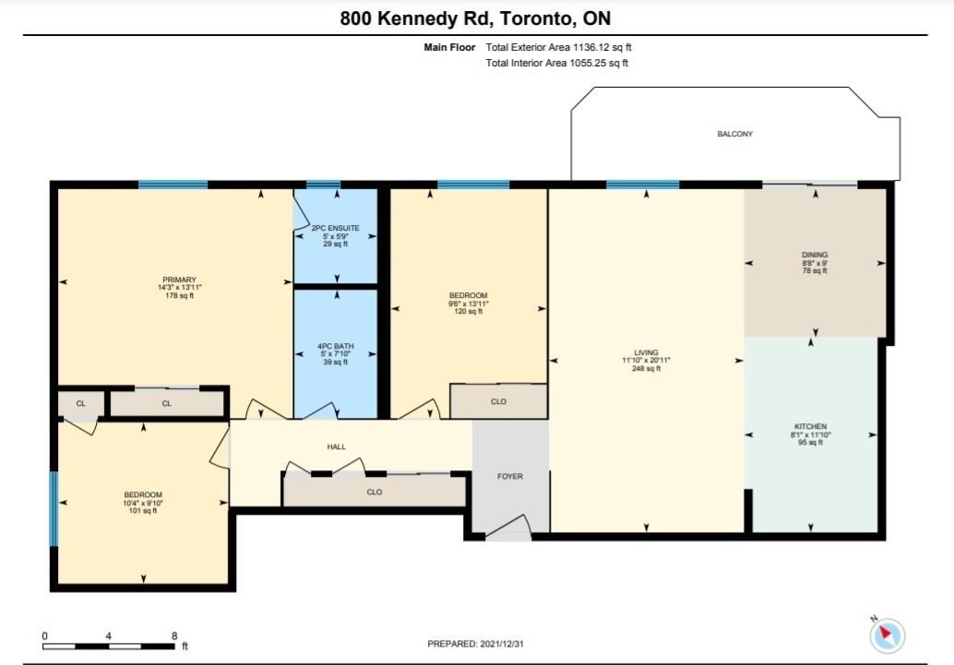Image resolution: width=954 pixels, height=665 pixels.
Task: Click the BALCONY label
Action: [x=734, y=134]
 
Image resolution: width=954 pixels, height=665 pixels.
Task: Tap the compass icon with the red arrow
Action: [x=887, y=635]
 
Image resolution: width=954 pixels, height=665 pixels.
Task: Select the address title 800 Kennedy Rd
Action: [x=412, y=18]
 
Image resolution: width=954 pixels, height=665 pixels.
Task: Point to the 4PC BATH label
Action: [x=335, y=346]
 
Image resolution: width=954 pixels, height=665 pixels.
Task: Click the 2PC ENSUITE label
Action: [x=335, y=228]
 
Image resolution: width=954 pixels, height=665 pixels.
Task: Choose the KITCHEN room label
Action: [x=810, y=426]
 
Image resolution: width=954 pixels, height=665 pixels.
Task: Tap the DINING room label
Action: [x=815, y=255]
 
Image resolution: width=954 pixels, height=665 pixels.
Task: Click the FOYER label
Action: [x=510, y=477]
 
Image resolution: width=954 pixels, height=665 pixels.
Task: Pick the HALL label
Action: [x=337, y=446]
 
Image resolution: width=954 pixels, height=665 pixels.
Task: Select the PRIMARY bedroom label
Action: [x=180, y=279]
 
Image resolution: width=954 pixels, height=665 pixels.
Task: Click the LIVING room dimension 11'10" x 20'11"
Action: [x=646, y=361]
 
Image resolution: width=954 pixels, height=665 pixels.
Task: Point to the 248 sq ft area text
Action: [x=646, y=368]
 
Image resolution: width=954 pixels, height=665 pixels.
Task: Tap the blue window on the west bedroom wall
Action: [x=54, y=508]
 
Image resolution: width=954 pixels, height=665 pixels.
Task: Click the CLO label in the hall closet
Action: [x=375, y=492]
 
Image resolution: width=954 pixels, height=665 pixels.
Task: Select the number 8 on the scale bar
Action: [x=174, y=635]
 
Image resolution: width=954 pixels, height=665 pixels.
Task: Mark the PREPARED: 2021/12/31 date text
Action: [x=475, y=644]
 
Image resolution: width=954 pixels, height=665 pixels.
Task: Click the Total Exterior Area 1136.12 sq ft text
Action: [x=558, y=47]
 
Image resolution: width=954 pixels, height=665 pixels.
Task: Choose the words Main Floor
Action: [x=449, y=47]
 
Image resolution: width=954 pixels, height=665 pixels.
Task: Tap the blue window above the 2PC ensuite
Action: [x=323, y=184]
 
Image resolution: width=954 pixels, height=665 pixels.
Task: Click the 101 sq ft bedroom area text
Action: [x=143, y=510]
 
